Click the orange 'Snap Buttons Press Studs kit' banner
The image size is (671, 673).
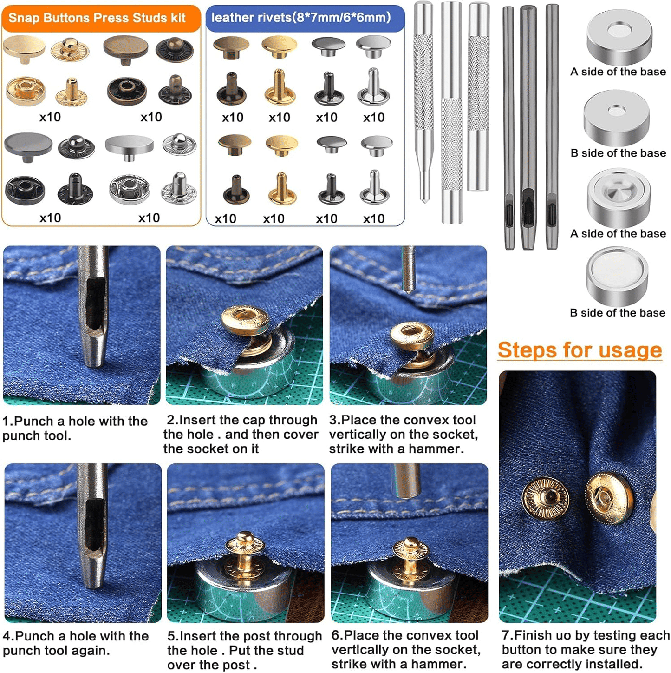pyautogui.click(x=101, y=18)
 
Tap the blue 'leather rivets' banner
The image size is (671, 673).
pyautogui.click(x=305, y=18)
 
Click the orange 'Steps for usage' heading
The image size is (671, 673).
pyautogui.click(x=580, y=350)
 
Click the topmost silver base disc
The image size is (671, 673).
pyautogui.click(x=619, y=37)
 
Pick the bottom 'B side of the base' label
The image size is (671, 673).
pyautogui.click(x=617, y=313)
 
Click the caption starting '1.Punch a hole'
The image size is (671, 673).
pyautogui.click(x=75, y=428)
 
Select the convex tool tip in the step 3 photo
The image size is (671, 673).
pyautogui.click(x=408, y=288)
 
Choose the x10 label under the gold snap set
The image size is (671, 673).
pyautogui.click(x=50, y=117)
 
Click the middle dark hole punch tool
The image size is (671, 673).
pyautogui.click(x=528, y=127)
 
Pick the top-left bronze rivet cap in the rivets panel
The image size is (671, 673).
pyautogui.click(x=231, y=48)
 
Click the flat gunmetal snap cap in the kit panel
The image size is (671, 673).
pyautogui.click(x=28, y=147)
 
